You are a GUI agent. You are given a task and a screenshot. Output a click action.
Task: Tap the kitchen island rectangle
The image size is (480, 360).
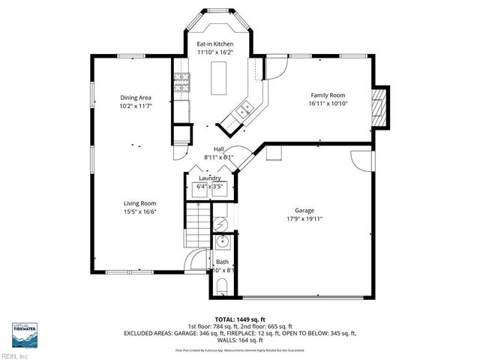(x=220, y=78)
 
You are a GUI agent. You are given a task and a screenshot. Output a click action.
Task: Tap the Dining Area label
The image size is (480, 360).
(x=136, y=98)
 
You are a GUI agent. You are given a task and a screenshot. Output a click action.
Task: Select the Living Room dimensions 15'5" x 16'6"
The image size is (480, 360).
(x=139, y=212)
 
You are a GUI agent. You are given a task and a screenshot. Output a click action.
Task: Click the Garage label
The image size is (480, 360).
(x=304, y=211)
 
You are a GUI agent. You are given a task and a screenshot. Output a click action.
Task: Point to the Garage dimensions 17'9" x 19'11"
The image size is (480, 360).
(x=304, y=220)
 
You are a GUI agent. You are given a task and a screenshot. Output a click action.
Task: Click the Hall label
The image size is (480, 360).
(x=219, y=149)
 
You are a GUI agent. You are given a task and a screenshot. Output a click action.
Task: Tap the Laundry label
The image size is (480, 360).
(x=209, y=178)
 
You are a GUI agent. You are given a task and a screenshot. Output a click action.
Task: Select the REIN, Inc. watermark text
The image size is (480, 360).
(x=15, y=355)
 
